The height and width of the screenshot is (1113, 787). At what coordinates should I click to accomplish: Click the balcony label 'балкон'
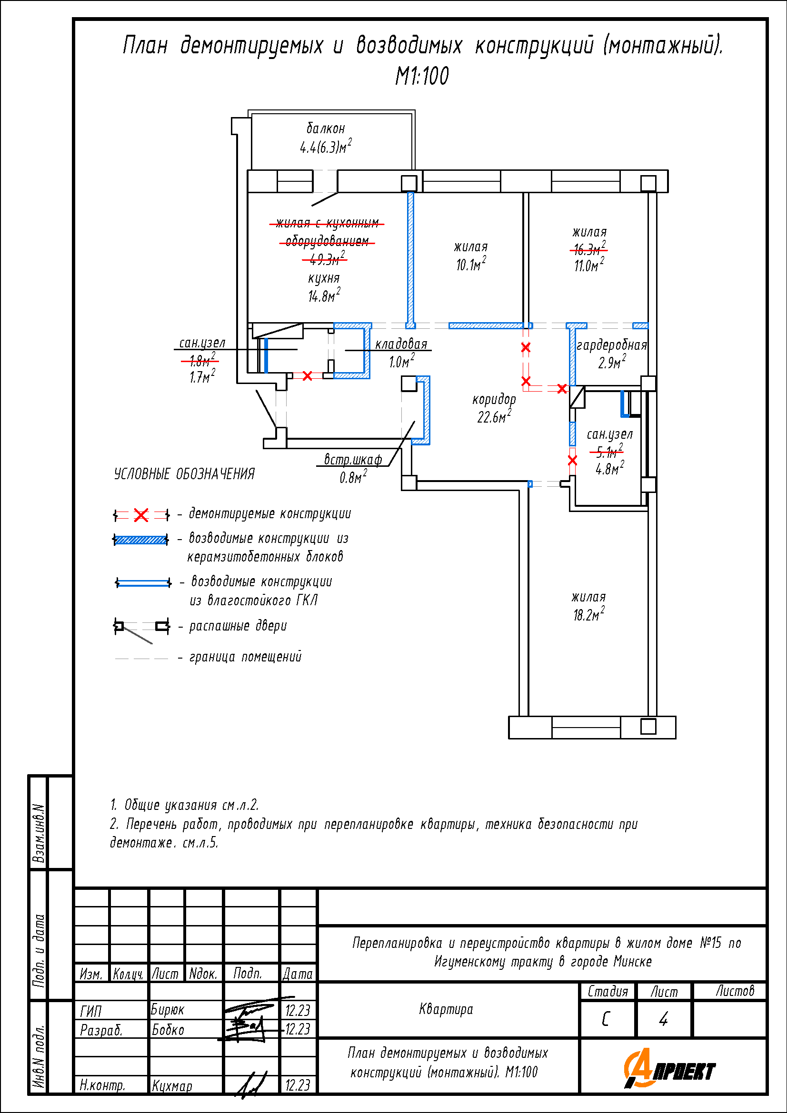pos(326,128)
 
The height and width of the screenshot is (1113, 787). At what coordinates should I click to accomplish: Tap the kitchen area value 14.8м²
pos(324,295)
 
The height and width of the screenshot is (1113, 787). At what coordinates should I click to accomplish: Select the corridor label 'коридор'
pos(494,399)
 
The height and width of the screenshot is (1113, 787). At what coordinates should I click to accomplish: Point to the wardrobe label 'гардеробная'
pos(611,345)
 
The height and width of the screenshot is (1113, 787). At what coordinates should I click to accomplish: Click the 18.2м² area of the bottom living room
pos(588,614)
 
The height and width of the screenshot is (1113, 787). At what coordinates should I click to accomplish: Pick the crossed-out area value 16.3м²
pos(588,249)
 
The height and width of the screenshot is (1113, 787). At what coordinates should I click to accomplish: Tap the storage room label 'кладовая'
pos(401,344)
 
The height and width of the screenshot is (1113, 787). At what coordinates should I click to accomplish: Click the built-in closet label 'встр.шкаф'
pos(352,459)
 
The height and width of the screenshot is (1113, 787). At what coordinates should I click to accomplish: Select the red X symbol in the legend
pos(141,515)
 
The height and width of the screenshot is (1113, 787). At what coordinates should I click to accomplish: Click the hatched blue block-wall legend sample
pos(141,540)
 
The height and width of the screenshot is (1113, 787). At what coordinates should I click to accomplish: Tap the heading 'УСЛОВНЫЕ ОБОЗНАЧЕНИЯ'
pos(184,473)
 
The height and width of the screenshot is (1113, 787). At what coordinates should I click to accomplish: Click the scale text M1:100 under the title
pos(422,76)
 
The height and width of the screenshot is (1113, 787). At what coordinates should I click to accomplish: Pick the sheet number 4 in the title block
pos(663,1019)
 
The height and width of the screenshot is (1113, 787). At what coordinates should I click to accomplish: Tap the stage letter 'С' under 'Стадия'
pos(606,1019)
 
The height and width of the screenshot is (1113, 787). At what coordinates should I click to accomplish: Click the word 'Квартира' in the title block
pos(446,1009)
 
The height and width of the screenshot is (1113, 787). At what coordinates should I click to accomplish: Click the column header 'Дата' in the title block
pos(298,974)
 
